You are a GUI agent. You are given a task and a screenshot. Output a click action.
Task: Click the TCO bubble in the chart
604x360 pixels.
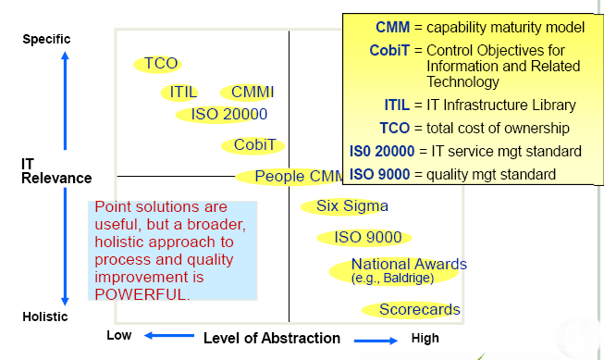click(158, 64)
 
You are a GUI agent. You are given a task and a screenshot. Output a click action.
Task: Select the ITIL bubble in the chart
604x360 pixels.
click(179, 93)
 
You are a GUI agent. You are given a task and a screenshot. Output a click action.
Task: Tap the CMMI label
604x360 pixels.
click(253, 93)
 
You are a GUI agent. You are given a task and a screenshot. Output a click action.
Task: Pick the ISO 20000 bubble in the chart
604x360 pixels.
click(221, 115)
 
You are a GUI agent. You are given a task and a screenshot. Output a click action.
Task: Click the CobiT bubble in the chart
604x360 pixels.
click(253, 145)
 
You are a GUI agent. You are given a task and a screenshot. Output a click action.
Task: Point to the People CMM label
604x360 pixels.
click(299, 176)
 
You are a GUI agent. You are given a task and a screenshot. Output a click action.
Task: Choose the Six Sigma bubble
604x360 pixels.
click(344, 206)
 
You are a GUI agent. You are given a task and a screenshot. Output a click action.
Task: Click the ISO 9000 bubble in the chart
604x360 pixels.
click(364, 238)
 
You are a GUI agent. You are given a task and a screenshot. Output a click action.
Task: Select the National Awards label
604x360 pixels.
click(409, 265)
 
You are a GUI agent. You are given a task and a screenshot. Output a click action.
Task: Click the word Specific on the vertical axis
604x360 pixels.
click(46, 39)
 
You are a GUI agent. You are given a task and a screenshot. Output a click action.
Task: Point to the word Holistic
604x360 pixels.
click(45, 317)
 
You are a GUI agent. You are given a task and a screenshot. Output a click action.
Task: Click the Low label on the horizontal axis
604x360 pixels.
click(119, 335)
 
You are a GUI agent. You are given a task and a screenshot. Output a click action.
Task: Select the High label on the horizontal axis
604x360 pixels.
click(425, 338)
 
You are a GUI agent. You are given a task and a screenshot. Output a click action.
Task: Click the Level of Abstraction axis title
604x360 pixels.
click(272, 338)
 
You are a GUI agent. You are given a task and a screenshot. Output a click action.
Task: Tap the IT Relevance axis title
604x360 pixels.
click(56, 171)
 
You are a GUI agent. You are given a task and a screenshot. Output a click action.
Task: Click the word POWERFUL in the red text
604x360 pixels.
click(142, 294)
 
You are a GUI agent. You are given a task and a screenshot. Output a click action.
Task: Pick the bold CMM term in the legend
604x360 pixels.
click(392, 28)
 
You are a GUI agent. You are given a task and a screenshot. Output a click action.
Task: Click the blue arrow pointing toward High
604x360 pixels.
click(376, 341)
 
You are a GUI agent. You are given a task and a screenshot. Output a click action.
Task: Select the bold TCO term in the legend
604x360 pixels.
click(394, 128)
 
